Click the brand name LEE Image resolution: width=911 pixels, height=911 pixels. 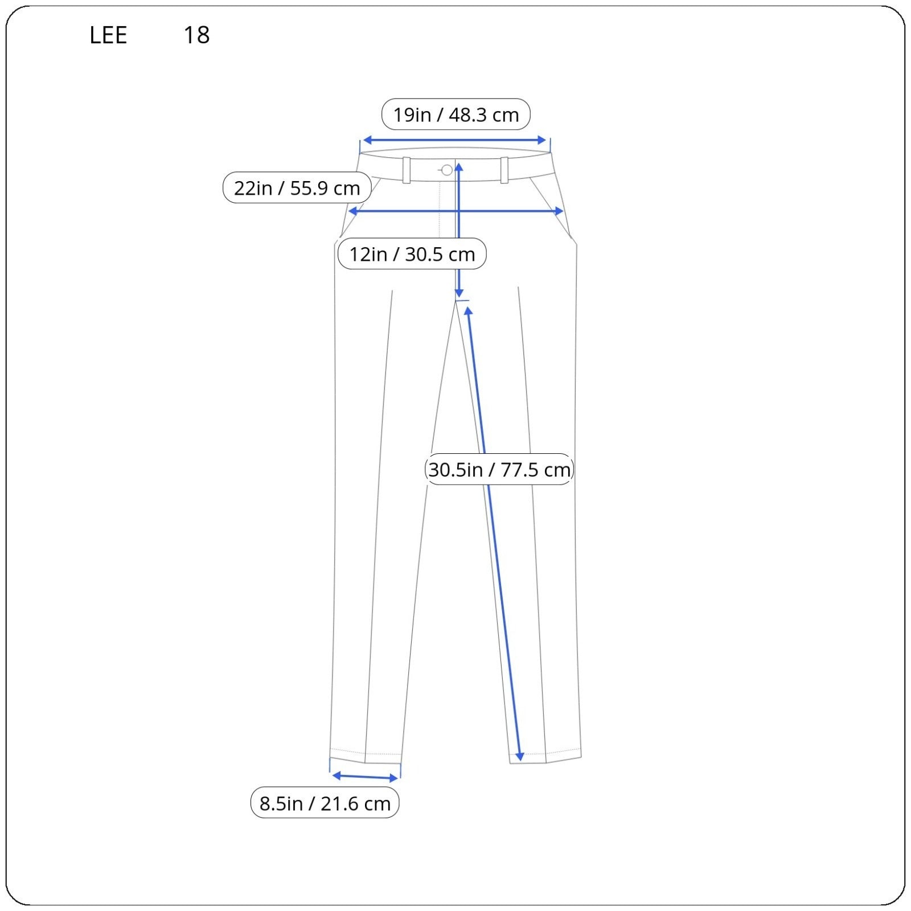tap(108, 35)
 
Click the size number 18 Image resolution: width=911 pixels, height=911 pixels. tap(196, 35)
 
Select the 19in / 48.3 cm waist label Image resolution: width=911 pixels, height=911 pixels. tap(456, 114)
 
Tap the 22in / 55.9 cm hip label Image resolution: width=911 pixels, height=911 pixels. tap(297, 188)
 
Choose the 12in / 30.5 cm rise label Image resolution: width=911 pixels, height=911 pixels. tap(412, 254)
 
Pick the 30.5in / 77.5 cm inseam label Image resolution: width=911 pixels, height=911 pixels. tap(499, 470)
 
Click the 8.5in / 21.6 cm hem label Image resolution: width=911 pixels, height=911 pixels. tap(325, 803)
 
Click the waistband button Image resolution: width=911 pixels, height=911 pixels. tap(447, 170)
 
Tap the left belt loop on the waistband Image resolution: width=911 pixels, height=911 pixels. tap(407, 170)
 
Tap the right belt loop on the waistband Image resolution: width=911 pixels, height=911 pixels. tap(504, 170)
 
